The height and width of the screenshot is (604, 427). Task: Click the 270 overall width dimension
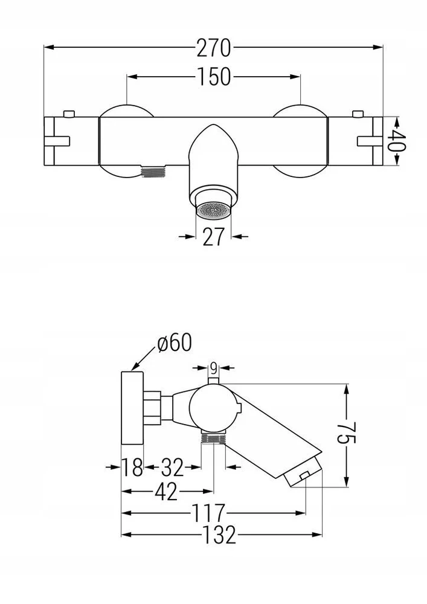coord(213,48)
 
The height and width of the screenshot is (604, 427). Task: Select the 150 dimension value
coord(214,77)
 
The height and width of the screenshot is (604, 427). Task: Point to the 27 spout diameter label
coord(213,237)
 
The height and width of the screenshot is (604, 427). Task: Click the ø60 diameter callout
coord(175,342)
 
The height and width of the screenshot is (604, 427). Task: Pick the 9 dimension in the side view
coord(213,368)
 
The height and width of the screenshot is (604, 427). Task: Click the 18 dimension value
coord(133,467)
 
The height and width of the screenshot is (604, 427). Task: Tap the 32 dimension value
coord(172,467)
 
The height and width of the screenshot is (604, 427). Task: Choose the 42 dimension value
coord(167,492)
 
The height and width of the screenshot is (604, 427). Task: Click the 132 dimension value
coord(218,535)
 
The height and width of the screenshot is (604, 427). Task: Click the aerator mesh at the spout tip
coord(213,211)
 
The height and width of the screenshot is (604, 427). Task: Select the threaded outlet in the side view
coord(213,439)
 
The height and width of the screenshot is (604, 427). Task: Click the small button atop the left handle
coord(68,114)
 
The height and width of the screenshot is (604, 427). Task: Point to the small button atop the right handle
coord(358,114)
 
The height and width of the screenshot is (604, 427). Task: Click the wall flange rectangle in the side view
coord(132,408)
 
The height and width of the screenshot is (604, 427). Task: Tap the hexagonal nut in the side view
coord(152,408)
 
